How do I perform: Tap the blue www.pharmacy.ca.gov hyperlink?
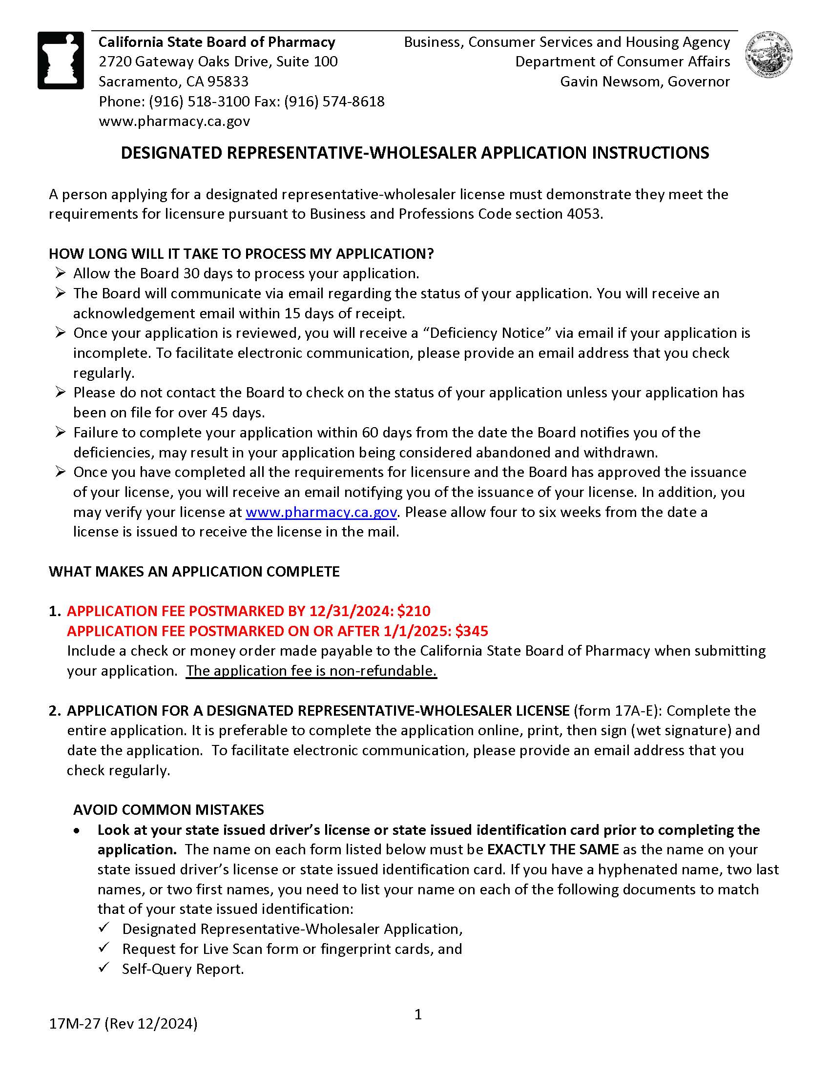321,512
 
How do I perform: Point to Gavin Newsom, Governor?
644,81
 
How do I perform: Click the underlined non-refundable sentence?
311,671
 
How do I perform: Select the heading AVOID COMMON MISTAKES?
168,810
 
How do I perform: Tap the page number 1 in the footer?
418,1014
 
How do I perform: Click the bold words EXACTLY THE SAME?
553,849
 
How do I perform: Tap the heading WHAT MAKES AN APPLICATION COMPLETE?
194,572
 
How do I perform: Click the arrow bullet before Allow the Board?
60,273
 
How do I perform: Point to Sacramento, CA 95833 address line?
173,81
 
